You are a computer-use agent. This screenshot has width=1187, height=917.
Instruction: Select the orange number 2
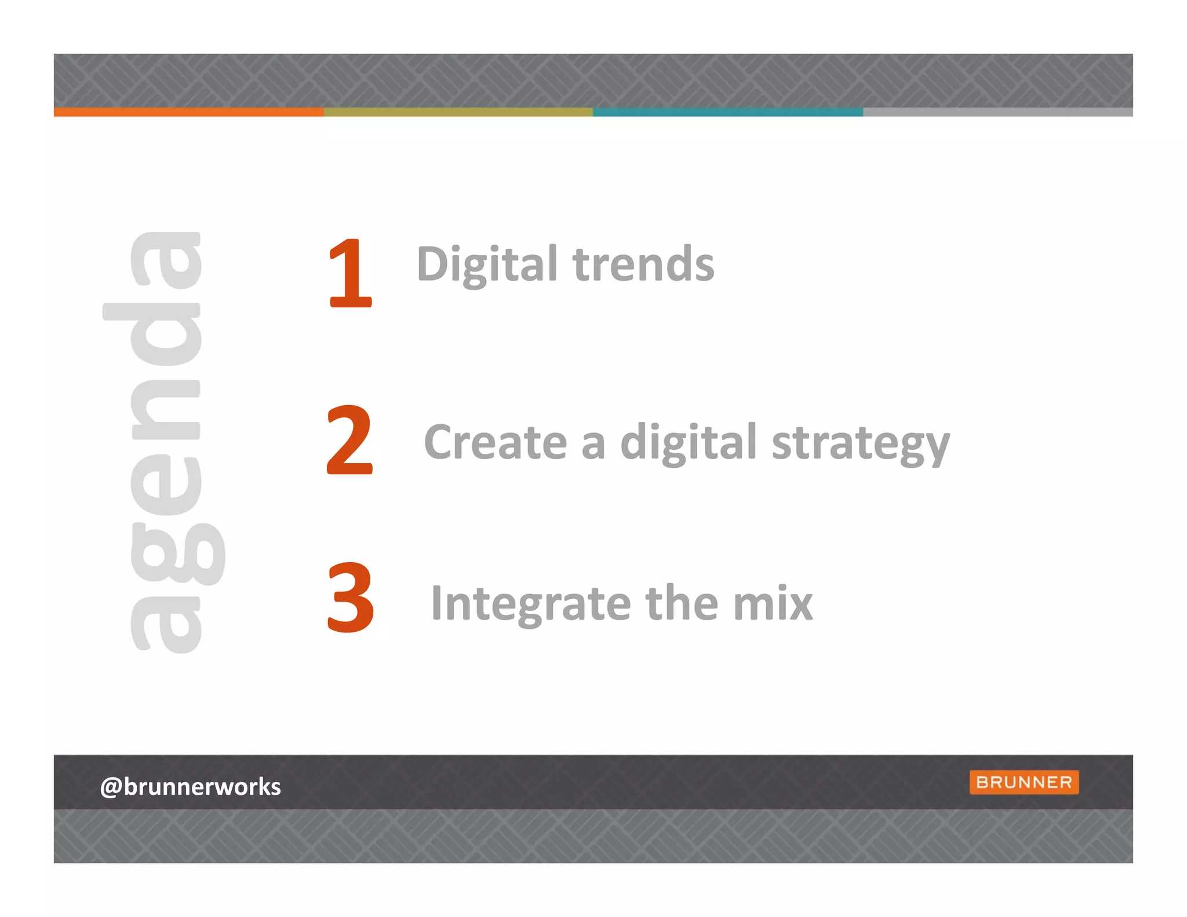[349, 439]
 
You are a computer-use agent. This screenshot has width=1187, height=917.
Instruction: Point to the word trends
[643, 264]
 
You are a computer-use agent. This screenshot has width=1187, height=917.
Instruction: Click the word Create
[496, 442]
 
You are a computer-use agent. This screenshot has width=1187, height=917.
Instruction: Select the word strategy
[861, 443]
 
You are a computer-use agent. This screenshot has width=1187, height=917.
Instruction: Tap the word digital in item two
[688, 442]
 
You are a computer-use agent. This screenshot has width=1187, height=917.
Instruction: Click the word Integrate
[530, 604]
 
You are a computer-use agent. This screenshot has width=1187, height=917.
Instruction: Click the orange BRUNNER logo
[1024, 782]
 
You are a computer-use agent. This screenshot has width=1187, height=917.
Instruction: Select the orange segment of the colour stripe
[188, 112]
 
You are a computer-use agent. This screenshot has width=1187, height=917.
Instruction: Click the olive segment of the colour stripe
[458, 112]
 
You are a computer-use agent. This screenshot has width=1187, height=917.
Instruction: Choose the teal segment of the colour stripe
[728, 112]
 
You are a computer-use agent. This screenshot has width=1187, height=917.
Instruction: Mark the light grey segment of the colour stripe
[997, 112]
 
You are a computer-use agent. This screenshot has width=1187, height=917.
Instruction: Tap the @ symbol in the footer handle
[111, 787]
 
